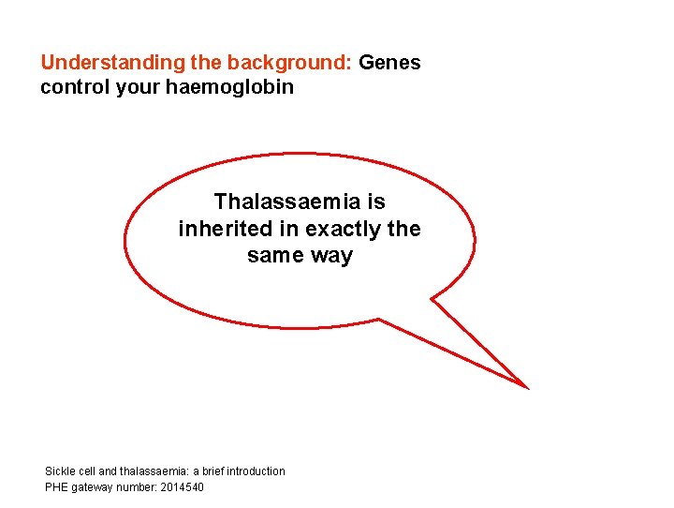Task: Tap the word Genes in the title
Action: coord(389,64)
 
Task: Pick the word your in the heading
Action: coord(134,87)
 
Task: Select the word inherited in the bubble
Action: coord(223,229)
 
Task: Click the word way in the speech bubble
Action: coord(331,256)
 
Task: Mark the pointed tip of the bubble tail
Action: coord(528,387)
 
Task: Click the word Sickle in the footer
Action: coord(59,471)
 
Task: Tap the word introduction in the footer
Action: coord(254,471)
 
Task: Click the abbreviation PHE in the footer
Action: coord(56,487)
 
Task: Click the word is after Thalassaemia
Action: coord(375,202)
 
